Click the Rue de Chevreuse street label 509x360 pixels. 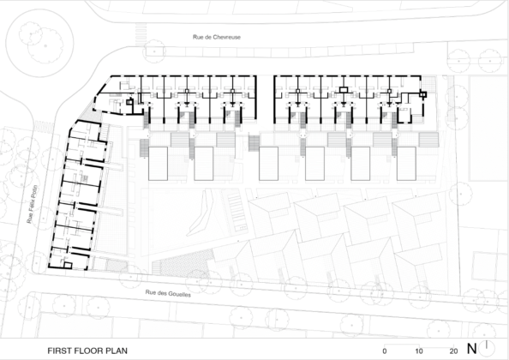pyautogui.click(x=217, y=37)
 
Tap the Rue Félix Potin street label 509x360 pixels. pyautogui.click(x=33, y=204)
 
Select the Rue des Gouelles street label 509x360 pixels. pyautogui.click(x=168, y=293)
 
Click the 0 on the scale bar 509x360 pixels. pyautogui.click(x=385, y=351)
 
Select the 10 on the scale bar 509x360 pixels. pyautogui.click(x=419, y=351)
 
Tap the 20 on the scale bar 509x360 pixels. pyautogui.click(x=453, y=351)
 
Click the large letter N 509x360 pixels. pyautogui.click(x=471, y=349)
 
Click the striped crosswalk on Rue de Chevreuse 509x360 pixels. pyautogui.click(x=141, y=34)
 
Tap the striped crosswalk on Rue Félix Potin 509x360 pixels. pyautogui.click(x=43, y=125)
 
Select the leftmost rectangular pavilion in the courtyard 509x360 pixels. pyautogui.click(x=158, y=164)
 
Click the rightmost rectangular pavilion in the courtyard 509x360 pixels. pyautogui.click(x=406, y=164)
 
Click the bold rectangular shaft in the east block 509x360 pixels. pyautogui.click(x=344, y=90)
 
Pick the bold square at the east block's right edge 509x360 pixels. pyautogui.click(x=422, y=94)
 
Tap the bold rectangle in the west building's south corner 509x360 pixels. pyautogui.click(x=68, y=265)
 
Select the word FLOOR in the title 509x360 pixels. pyautogui.click(x=89, y=351)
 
